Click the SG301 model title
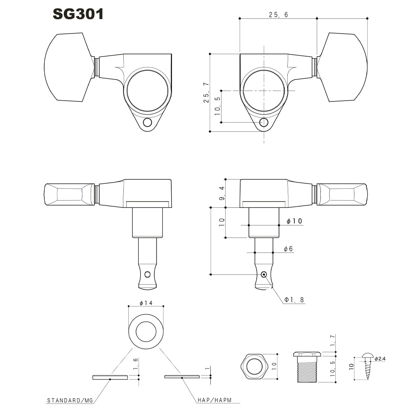click(78, 14)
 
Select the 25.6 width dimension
click(278, 14)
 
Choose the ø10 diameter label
click(294, 221)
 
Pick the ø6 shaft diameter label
click(289, 249)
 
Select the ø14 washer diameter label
click(146, 303)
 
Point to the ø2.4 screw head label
click(380, 359)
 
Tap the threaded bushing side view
click(307, 368)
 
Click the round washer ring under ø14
click(146, 331)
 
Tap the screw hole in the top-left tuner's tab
click(147, 123)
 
